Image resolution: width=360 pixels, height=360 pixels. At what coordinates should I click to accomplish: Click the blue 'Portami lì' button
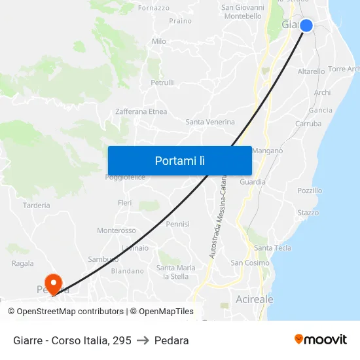(x=179, y=160)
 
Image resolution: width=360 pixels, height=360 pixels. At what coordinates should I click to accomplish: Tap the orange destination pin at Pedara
(x=53, y=284)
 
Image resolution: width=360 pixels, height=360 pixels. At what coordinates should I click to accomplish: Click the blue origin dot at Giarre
(x=306, y=26)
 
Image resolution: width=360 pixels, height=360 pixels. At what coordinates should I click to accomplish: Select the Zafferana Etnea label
(x=141, y=111)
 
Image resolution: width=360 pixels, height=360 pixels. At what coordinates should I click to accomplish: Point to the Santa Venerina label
(x=210, y=122)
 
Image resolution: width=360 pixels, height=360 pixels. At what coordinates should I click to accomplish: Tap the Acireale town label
(x=254, y=299)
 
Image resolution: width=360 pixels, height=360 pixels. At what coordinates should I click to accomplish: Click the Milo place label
(x=159, y=41)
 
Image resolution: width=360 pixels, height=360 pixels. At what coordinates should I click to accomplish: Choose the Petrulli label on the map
(x=162, y=82)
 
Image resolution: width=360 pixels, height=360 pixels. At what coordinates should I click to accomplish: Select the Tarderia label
(x=36, y=205)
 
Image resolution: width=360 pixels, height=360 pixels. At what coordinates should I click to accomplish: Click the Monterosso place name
(x=117, y=230)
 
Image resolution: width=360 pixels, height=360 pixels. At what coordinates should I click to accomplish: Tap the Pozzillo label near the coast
(x=310, y=190)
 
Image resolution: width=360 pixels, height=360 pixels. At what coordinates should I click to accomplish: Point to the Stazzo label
(x=308, y=213)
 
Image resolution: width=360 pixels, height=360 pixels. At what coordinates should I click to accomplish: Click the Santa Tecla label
(x=272, y=247)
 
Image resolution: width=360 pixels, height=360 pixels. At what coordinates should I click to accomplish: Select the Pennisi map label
(x=177, y=224)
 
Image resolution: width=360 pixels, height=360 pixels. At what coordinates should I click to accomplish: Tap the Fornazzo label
(x=154, y=8)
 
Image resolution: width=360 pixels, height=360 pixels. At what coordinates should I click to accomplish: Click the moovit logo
(x=321, y=339)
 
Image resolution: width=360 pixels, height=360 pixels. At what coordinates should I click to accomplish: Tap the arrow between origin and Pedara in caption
(x=143, y=340)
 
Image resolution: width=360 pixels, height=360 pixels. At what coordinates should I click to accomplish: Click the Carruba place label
(x=308, y=123)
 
